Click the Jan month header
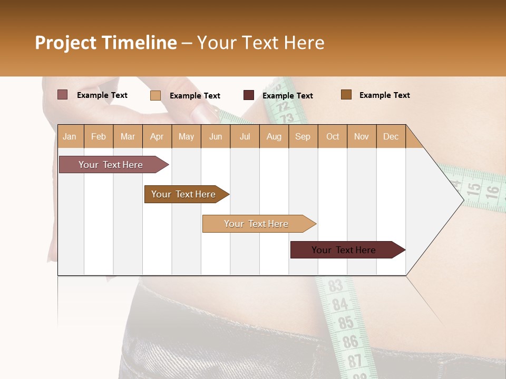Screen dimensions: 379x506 [70, 136]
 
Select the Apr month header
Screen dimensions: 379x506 [157, 136]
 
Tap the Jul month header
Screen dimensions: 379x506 [245, 136]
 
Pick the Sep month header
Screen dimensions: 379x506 [303, 136]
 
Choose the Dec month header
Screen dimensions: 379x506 [391, 136]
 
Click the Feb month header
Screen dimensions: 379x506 [99, 136]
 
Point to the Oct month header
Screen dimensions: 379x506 [333, 136]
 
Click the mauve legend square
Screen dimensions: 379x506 [62, 95]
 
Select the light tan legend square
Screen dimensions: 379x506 [155, 95]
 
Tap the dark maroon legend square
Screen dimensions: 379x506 [249, 95]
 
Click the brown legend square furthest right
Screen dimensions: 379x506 [346, 95]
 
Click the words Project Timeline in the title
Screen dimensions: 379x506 [106, 43]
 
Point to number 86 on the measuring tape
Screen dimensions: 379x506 [350, 342]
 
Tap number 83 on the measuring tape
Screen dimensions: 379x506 [336, 286]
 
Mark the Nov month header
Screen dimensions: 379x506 [362, 136]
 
